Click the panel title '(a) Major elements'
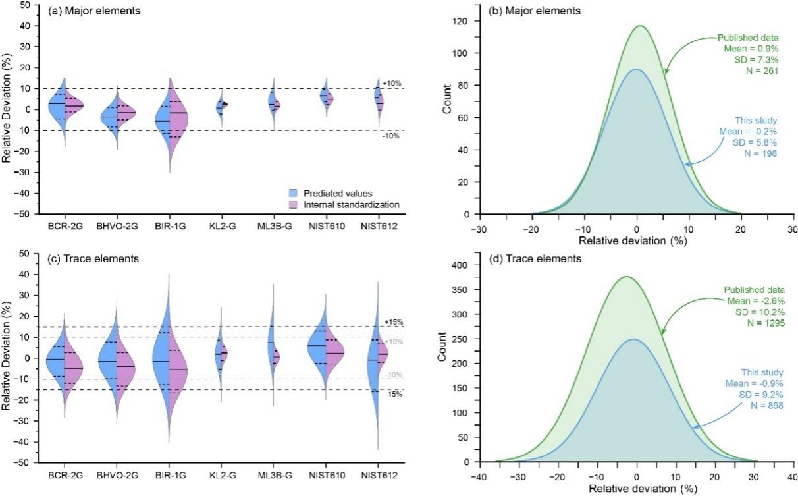86,11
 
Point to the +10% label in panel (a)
390,83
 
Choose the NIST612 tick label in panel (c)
377,476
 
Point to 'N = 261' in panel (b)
763,71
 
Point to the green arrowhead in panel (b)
666,72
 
